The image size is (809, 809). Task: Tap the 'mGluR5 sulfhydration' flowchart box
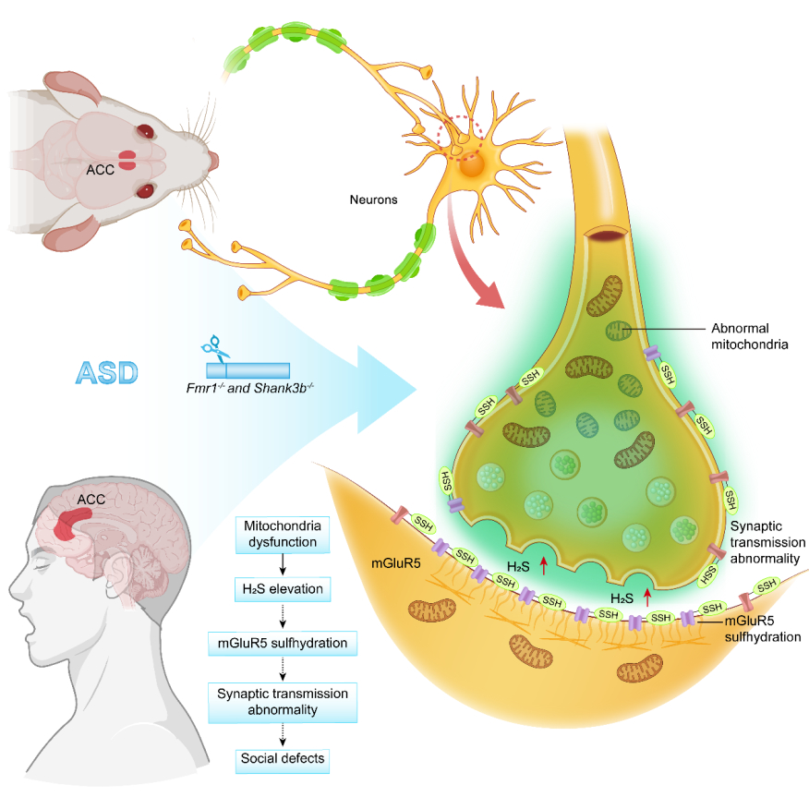[x=283, y=644]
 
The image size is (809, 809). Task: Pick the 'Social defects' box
[x=283, y=760]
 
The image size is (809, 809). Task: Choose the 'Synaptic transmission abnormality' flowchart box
[x=283, y=702]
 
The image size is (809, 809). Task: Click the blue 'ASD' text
[x=107, y=373]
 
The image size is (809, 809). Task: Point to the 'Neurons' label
[x=374, y=198]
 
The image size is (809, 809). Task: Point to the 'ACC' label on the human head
[x=91, y=500]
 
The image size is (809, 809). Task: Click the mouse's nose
[x=214, y=160]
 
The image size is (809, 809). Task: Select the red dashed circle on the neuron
[x=459, y=138]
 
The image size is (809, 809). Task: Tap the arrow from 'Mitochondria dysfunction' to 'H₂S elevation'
[x=283, y=562]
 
